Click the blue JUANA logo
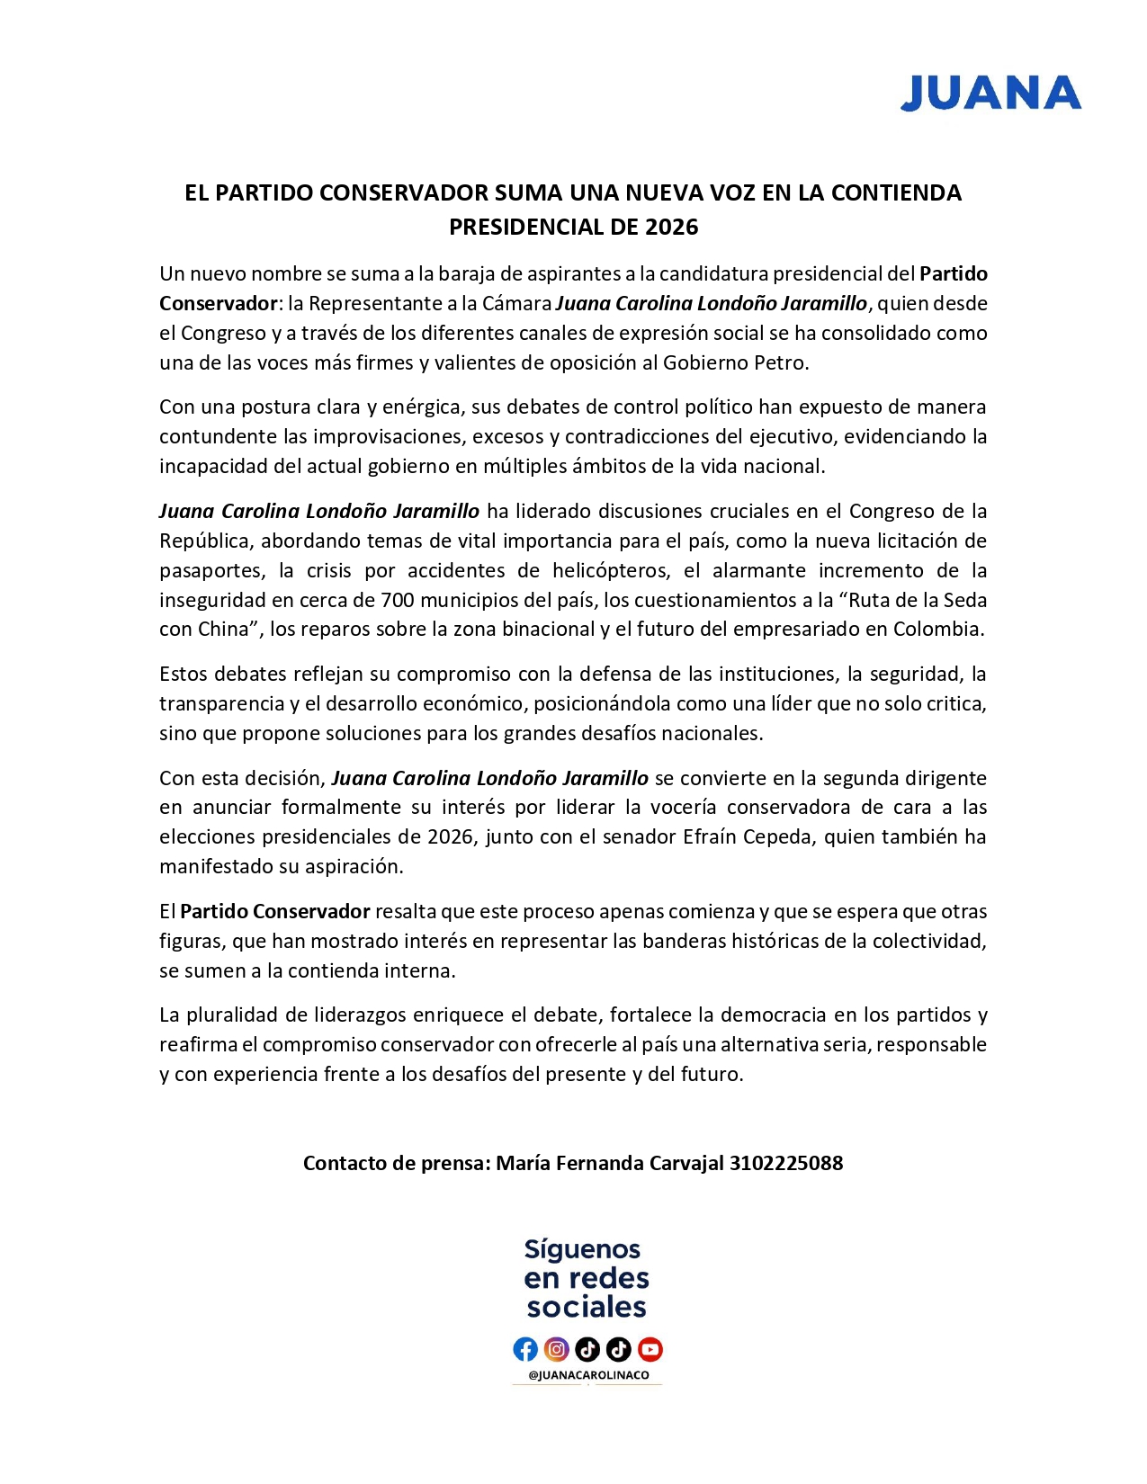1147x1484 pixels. (x=990, y=94)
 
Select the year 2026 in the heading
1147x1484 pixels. (x=671, y=227)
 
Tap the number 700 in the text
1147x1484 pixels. (x=397, y=600)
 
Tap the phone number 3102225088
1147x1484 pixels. (x=785, y=1163)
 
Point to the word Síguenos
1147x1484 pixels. (x=582, y=1249)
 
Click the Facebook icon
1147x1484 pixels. (x=525, y=1349)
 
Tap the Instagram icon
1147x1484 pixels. (x=557, y=1349)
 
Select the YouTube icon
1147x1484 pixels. (x=650, y=1349)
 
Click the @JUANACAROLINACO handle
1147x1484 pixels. (x=587, y=1375)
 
